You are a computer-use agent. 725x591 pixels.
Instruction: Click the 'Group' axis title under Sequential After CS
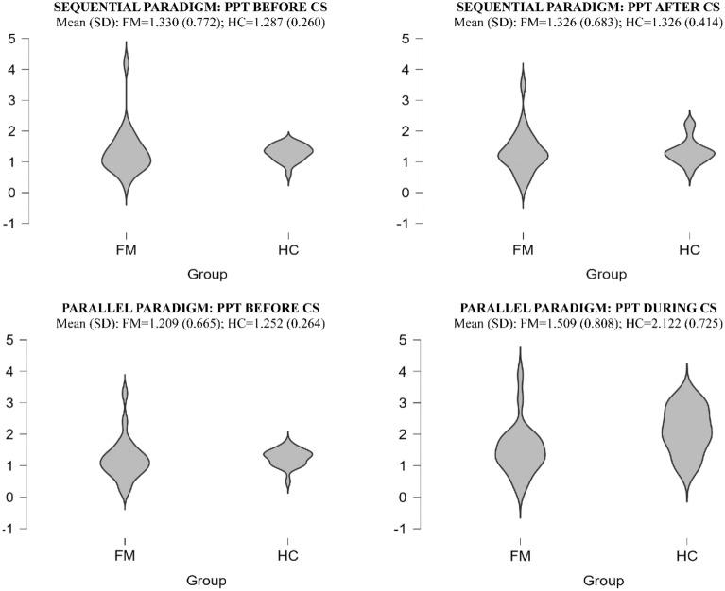(605, 275)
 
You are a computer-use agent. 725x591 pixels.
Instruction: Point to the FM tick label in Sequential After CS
(522, 249)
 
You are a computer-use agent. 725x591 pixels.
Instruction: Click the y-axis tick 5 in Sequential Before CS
(9, 39)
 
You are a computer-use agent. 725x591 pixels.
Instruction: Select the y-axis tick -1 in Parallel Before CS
(8, 529)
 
